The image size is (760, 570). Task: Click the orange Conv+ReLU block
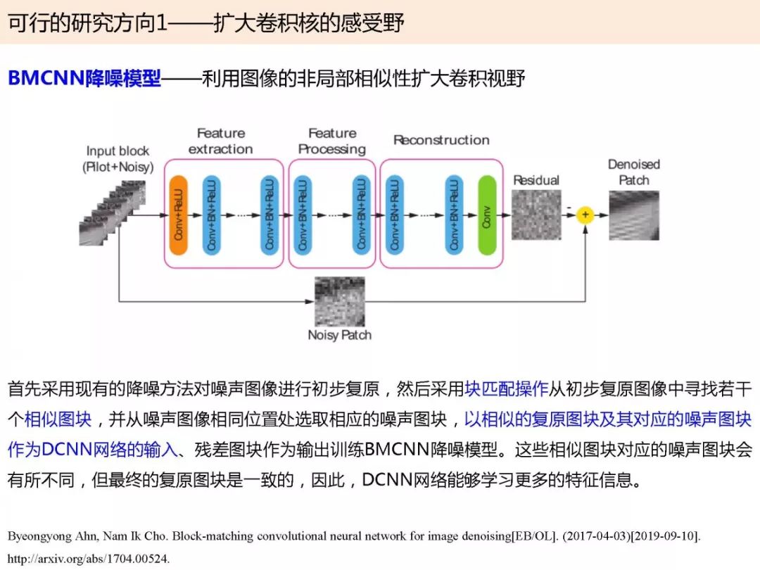coord(179,215)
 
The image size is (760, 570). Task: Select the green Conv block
coord(487,215)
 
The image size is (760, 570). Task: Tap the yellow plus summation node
coord(585,215)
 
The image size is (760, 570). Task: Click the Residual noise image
coord(537,215)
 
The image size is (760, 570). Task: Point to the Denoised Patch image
coord(634,215)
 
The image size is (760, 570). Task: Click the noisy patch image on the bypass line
coord(340,301)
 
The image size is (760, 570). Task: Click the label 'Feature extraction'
coord(220,141)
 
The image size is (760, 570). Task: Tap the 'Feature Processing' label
coord(332,141)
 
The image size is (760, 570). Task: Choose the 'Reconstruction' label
coord(441,140)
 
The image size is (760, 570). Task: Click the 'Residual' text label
coord(536,180)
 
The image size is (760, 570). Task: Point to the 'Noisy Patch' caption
coord(340,335)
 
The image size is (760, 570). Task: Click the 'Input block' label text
coord(118,151)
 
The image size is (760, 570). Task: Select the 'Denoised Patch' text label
coord(634,172)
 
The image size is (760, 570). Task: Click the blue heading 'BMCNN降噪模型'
coord(84,78)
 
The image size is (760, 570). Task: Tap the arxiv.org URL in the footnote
coord(89,559)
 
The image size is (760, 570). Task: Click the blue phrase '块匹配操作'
coord(506,388)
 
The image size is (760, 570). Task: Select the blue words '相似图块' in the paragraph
coord(58,419)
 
